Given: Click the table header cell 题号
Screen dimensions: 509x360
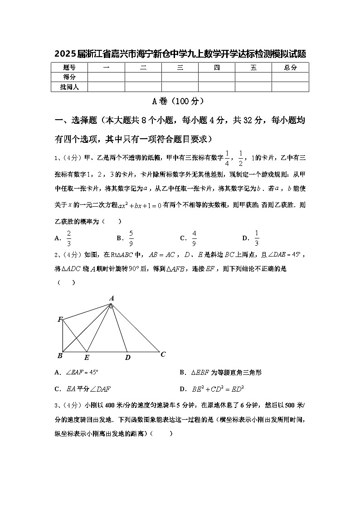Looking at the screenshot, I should point(69,68).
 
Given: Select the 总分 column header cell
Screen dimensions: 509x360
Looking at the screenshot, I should point(290,68).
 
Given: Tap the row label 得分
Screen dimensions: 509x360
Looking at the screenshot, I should point(69,77).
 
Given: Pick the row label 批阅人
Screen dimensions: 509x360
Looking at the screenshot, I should point(69,87).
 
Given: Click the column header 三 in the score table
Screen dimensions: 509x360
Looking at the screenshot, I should point(180,68).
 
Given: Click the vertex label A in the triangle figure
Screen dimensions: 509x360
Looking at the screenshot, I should point(112,298).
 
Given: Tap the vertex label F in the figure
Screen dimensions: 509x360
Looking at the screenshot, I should point(60,320).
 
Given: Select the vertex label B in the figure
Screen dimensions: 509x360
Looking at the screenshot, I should point(60,356).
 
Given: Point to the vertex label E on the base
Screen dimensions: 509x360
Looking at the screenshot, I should point(87,358).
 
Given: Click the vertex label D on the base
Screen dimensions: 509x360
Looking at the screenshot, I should point(128,358).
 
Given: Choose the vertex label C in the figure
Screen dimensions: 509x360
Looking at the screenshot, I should point(163,354).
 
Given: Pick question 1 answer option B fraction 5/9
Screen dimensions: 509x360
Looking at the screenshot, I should point(131,238).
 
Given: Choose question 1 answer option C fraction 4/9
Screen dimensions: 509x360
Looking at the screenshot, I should point(194,238).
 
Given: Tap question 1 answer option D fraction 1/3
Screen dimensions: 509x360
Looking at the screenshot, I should point(256,238).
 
